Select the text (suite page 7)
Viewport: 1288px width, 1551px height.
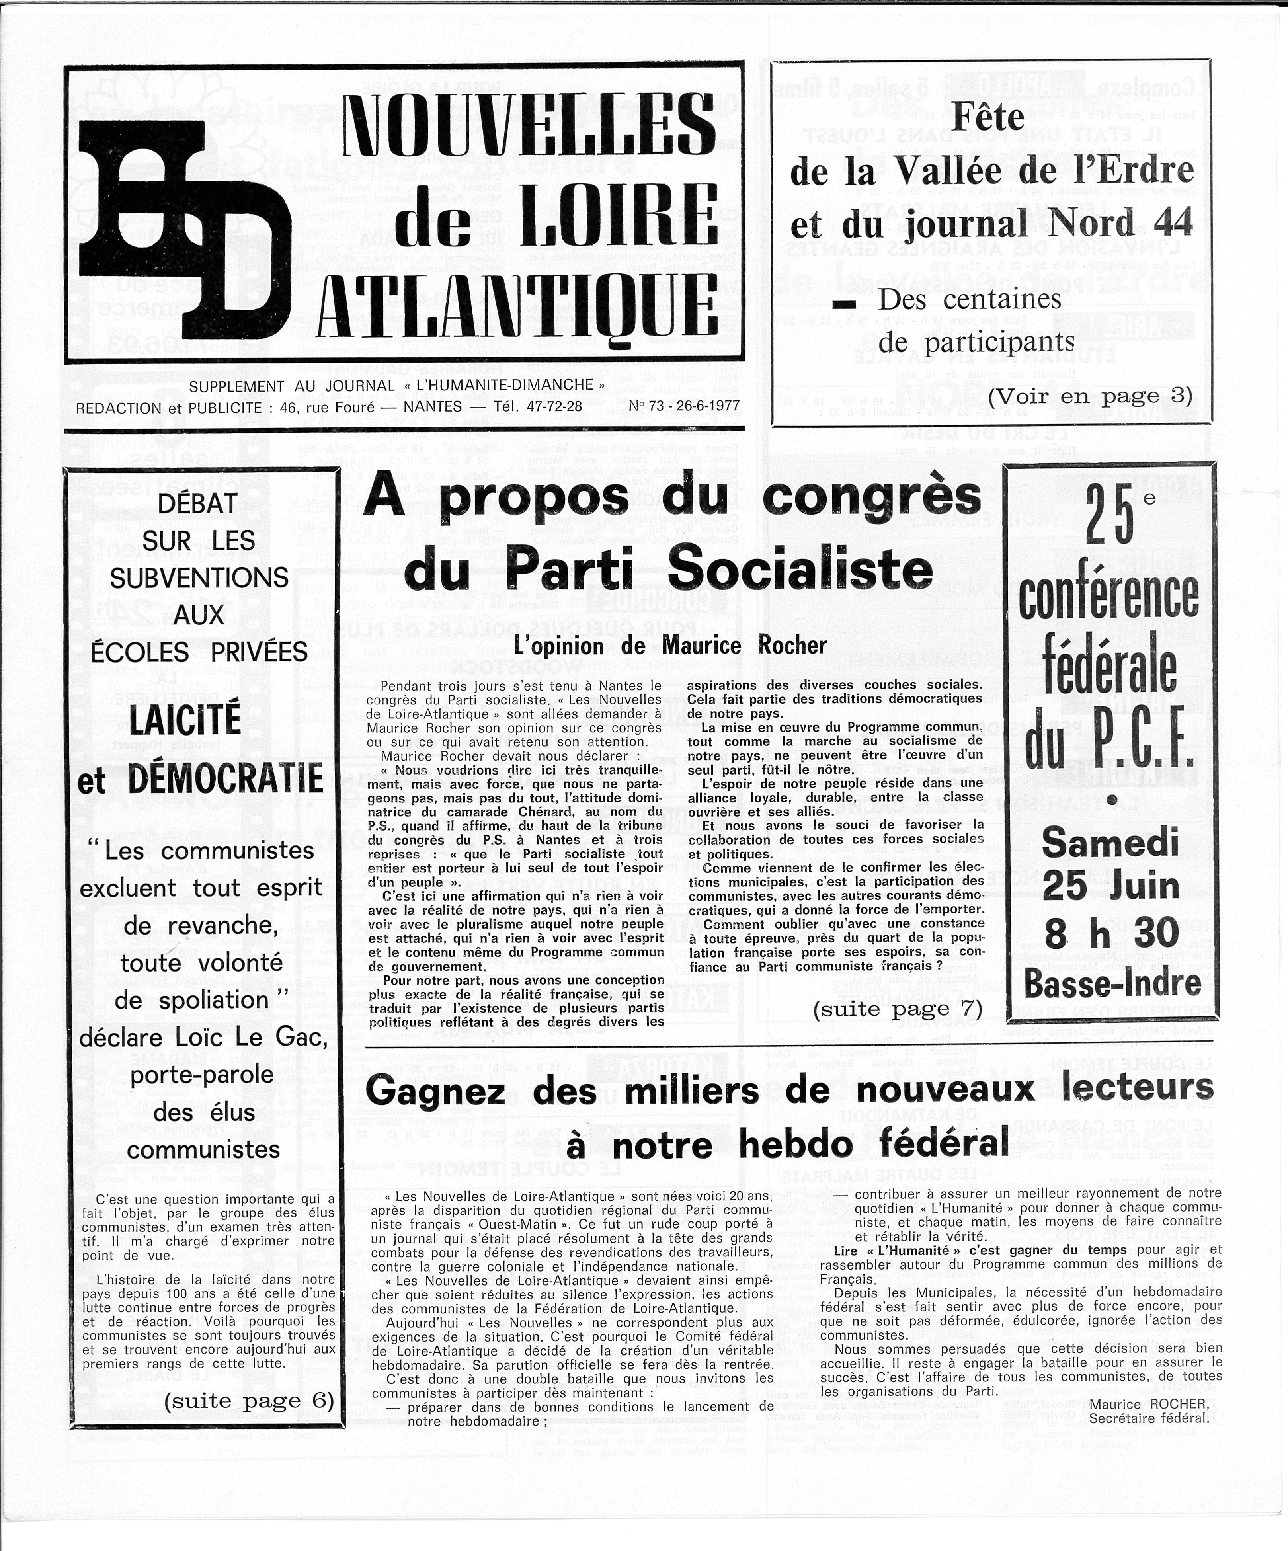897,1009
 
